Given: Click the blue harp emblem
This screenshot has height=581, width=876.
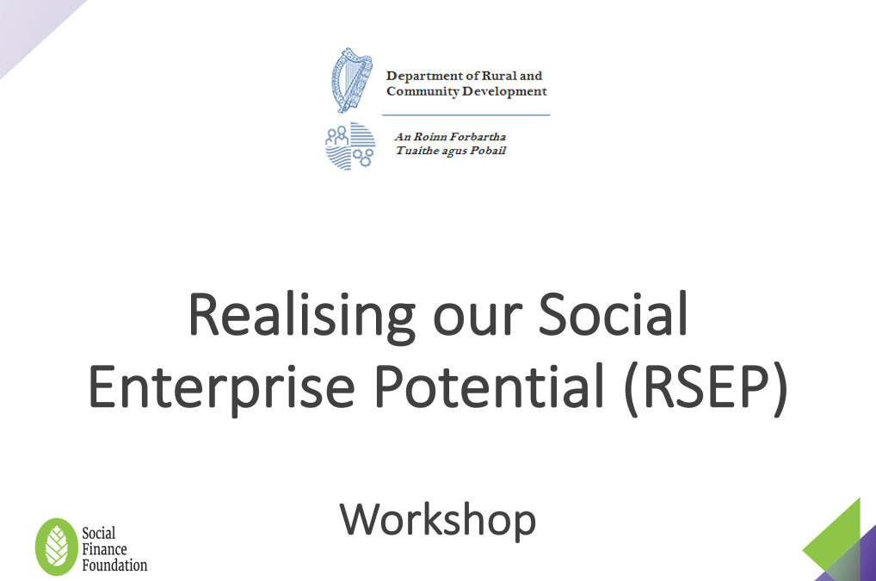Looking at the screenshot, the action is pyautogui.click(x=351, y=80).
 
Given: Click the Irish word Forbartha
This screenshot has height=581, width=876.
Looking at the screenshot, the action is pyautogui.click(x=478, y=137).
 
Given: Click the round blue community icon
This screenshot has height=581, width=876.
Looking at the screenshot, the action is pyautogui.click(x=350, y=145).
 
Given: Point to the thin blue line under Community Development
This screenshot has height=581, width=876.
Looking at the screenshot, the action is pyautogui.click(x=466, y=115).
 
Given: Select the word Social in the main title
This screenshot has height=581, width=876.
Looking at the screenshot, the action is pyautogui.click(x=613, y=313).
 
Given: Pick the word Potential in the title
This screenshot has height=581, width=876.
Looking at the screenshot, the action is pyautogui.click(x=490, y=386).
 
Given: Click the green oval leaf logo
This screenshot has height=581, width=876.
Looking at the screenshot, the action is pyautogui.click(x=57, y=547).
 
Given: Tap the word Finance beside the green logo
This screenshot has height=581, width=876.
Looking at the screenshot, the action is pyautogui.click(x=104, y=549).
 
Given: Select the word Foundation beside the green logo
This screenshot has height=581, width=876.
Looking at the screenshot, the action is pyautogui.click(x=114, y=566).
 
